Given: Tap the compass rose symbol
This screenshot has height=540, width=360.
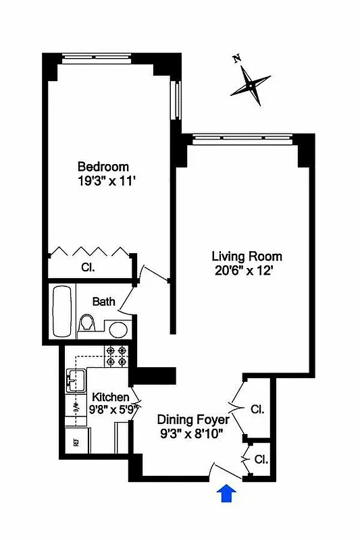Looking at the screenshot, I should pos(251,86).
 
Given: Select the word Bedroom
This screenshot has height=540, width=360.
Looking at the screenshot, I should pos(103,167).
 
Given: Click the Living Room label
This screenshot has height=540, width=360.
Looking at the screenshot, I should pos(247,256).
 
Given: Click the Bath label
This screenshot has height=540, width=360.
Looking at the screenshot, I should pos(104,302).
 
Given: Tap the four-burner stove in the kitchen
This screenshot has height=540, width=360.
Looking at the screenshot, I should pos(116,356).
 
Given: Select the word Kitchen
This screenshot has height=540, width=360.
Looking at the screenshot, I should pos(111,396).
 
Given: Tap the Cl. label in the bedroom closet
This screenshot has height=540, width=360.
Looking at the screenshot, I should pos(88,267).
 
